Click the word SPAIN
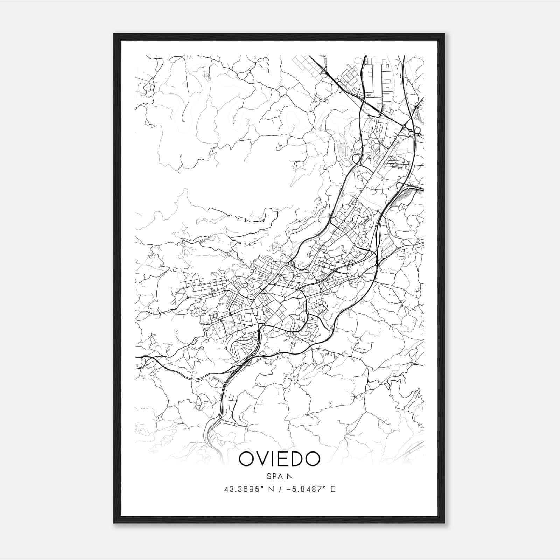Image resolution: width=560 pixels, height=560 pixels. pos(279,476)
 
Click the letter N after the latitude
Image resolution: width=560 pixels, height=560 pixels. pos(271,489)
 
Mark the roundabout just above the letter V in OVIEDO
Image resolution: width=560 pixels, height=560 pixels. pos(237,425)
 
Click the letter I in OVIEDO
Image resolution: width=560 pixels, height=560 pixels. pos(273,459)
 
